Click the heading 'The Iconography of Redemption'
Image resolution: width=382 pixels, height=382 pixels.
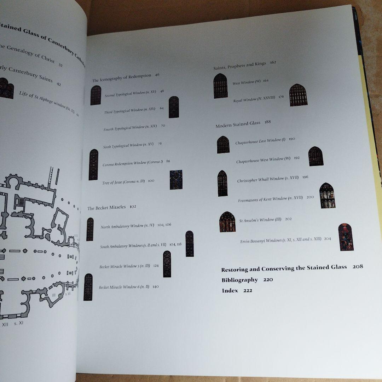122,77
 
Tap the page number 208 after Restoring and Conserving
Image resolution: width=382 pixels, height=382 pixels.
358,267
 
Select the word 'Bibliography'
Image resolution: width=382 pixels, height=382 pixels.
240,280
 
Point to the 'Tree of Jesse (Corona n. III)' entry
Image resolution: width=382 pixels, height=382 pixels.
123,182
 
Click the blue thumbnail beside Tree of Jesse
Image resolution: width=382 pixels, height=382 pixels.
176,180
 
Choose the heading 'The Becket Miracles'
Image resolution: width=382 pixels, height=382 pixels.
106,208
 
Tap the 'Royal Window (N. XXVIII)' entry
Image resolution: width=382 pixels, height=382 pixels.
254,99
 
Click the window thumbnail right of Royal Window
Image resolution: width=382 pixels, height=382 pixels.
298,95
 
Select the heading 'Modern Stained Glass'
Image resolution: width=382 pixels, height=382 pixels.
238,124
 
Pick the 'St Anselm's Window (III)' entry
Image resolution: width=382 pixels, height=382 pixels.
260,220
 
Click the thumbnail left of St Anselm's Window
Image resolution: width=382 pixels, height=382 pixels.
227,222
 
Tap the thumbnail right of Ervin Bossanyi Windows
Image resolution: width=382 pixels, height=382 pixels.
345,237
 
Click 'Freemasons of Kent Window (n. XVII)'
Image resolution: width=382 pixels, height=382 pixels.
270,199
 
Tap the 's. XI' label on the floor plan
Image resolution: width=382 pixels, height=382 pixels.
19,323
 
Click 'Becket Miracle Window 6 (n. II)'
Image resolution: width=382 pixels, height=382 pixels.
124,287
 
